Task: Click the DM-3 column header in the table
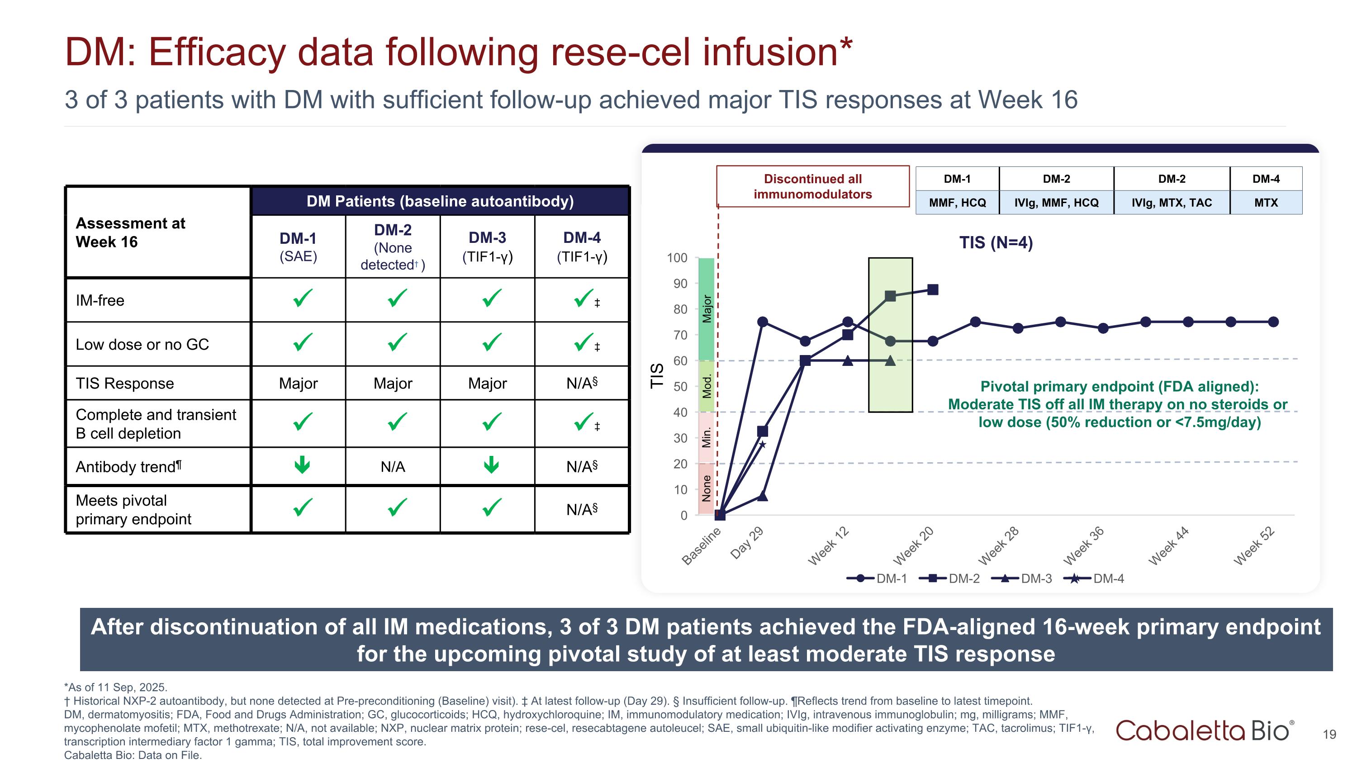point(487,246)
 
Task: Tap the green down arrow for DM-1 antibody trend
point(302,464)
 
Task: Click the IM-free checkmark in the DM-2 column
point(397,299)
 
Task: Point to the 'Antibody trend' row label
point(128,467)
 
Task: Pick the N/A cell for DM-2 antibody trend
point(393,467)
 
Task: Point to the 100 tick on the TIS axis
point(677,258)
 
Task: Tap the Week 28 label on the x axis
point(999,545)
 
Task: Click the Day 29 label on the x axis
point(747,542)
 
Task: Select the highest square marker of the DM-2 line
point(933,289)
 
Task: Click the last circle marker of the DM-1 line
point(1273,322)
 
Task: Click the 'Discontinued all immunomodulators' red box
point(812,186)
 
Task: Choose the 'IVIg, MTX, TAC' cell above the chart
point(1172,203)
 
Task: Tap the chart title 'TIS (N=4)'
point(996,243)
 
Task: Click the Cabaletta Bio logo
point(1204,730)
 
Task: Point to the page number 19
point(1329,734)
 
